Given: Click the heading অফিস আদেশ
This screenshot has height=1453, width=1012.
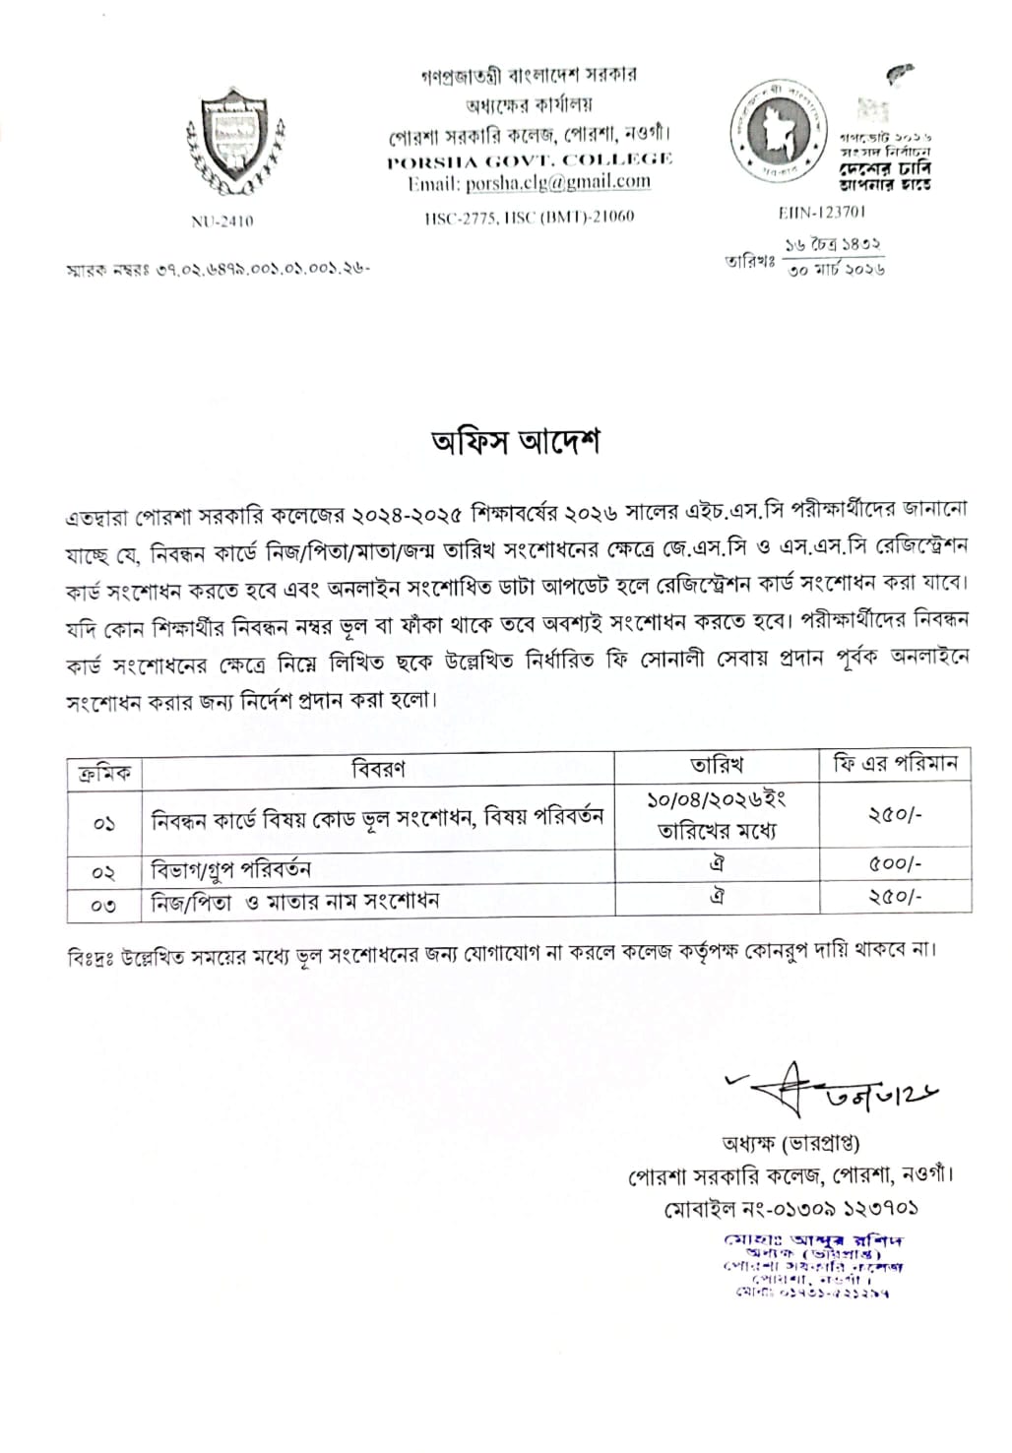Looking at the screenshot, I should (516, 442).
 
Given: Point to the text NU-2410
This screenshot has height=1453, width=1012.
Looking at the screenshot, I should (221, 221).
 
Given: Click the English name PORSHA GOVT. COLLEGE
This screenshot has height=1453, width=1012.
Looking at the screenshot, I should (530, 159).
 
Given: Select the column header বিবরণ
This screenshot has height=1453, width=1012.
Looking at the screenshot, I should (378, 769).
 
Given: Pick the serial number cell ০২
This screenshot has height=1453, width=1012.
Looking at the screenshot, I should (103, 872).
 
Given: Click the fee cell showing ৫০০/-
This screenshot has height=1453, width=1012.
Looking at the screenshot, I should (895, 864).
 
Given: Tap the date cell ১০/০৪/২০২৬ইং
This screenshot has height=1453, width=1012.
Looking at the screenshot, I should (717, 800).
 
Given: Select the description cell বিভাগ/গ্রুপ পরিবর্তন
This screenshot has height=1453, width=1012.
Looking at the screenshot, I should (232, 869).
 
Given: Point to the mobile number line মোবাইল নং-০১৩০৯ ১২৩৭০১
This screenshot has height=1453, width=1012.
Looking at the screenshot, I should (791, 1207).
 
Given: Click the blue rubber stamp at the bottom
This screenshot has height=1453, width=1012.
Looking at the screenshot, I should (813, 1265).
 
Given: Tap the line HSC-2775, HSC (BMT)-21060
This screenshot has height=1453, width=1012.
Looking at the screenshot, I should (530, 217).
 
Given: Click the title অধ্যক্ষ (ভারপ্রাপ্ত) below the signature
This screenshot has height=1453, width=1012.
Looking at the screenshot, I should (791, 1144).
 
